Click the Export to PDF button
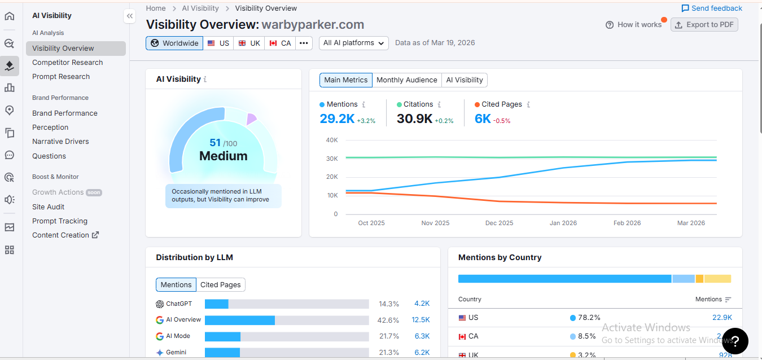point(704,25)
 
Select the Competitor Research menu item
point(67,63)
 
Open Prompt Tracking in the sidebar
point(60,221)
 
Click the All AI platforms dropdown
point(353,43)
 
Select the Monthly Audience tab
point(406,80)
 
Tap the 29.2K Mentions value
point(337,118)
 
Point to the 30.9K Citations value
point(414,118)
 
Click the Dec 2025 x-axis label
point(499,223)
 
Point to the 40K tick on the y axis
point(332,140)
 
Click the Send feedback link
point(712,8)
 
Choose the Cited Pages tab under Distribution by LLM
point(221,285)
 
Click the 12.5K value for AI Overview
point(421,320)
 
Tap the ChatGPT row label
point(178,304)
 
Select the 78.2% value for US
point(585,318)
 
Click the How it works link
point(633,25)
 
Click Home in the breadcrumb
point(156,8)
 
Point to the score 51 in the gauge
point(215,143)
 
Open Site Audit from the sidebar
point(49,207)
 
